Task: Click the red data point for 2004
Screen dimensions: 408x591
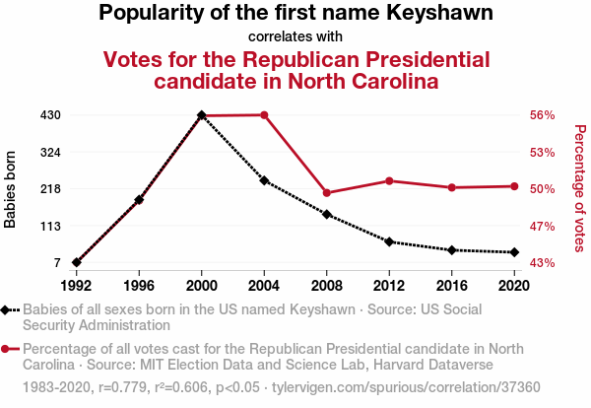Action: click(264, 115)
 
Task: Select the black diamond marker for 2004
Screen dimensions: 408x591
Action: click(264, 180)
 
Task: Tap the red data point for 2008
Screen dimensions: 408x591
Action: click(327, 193)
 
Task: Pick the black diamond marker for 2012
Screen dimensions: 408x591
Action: click(389, 241)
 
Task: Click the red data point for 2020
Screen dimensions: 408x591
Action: click(514, 186)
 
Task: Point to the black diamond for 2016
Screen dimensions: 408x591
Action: click(452, 250)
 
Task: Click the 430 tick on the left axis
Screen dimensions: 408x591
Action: click(51, 115)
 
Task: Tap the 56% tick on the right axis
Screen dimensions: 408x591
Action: click(544, 115)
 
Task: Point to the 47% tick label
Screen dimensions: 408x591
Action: click(544, 226)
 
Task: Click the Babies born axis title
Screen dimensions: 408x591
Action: click(11, 189)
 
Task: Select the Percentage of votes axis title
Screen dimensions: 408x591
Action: click(579, 188)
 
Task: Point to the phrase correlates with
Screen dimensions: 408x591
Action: click(295, 37)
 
